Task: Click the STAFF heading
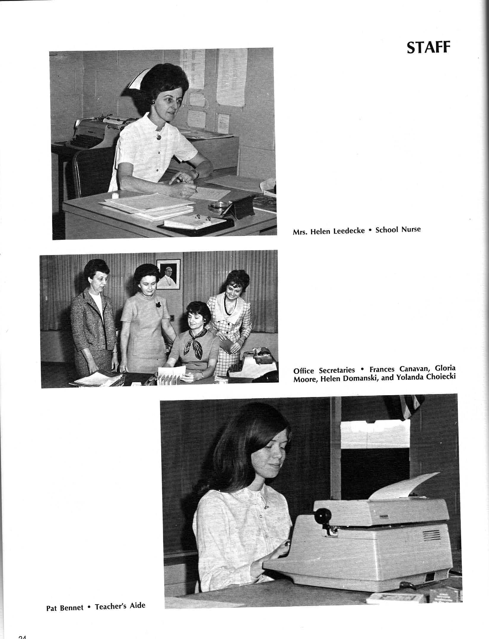coord(428,48)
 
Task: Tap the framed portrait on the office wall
coord(168,274)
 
